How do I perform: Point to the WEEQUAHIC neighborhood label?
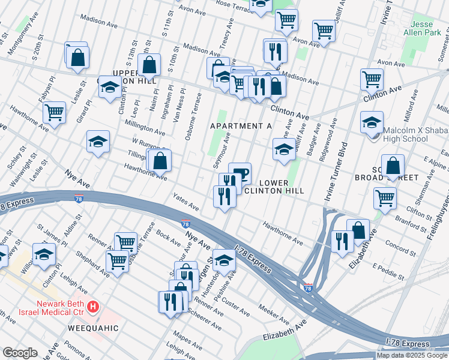[x=93, y=328]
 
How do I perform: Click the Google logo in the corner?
[x=20, y=353]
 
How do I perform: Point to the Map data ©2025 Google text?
[x=412, y=355]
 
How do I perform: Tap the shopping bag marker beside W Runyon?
[x=160, y=161]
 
